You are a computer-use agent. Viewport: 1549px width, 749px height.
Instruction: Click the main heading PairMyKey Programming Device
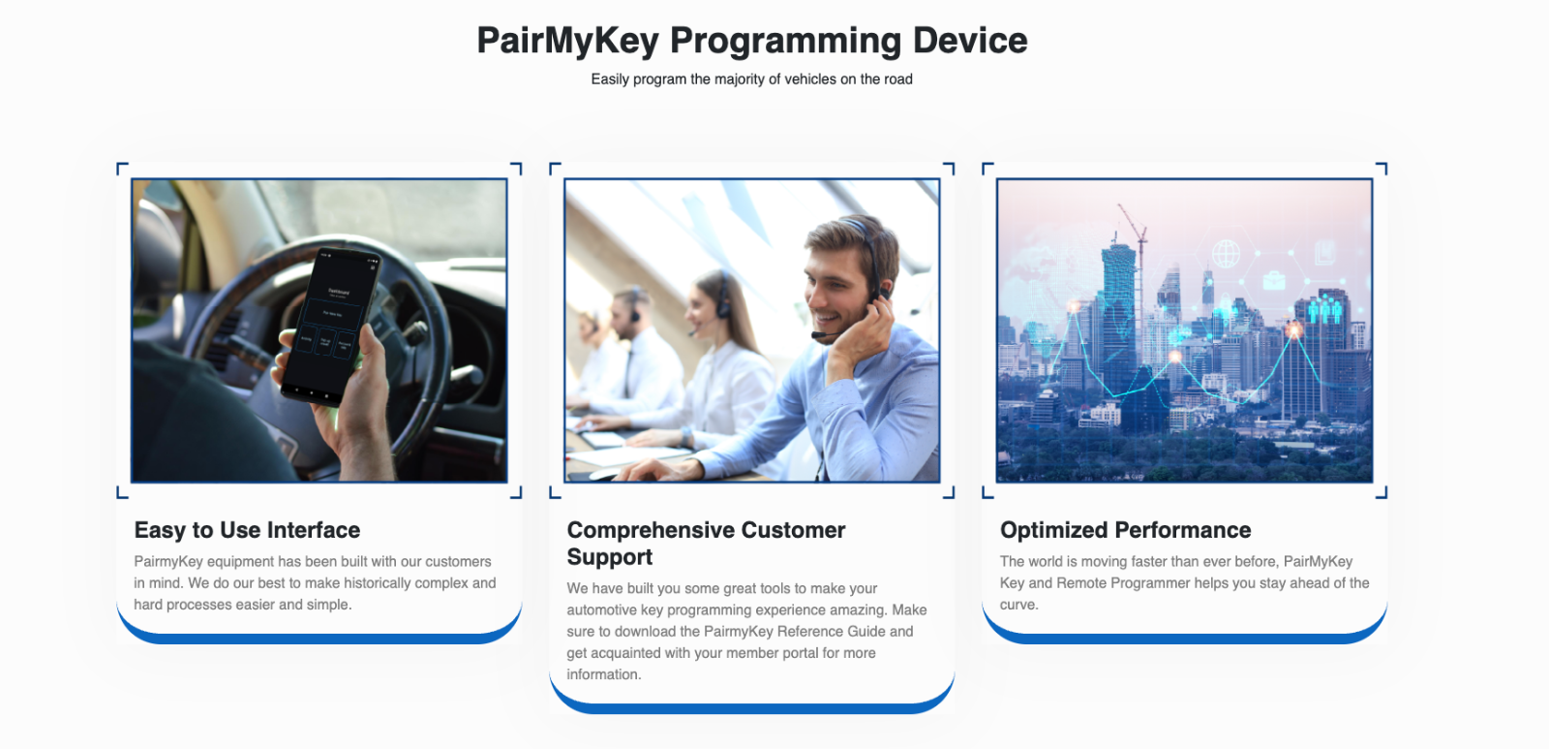click(x=751, y=41)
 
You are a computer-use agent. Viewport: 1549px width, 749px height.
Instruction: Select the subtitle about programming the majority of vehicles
click(x=751, y=79)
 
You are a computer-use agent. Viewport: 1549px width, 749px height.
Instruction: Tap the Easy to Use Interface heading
click(x=247, y=530)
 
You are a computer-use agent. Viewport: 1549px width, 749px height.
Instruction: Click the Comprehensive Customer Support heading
click(x=706, y=544)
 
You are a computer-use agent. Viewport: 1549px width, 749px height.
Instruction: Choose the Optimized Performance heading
click(x=1125, y=530)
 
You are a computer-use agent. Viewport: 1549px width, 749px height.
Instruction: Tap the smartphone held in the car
click(x=331, y=324)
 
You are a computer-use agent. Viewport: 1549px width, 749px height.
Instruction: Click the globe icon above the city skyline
click(x=1226, y=253)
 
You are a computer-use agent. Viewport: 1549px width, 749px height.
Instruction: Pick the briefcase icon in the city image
click(x=1274, y=281)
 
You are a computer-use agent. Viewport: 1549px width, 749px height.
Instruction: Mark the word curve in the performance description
click(x=1018, y=605)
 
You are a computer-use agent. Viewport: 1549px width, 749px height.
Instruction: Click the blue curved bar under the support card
click(x=751, y=707)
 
